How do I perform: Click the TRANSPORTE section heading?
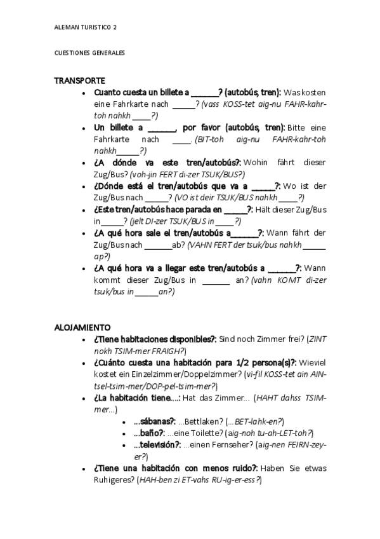point(79,81)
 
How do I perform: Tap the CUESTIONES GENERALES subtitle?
point(89,53)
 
